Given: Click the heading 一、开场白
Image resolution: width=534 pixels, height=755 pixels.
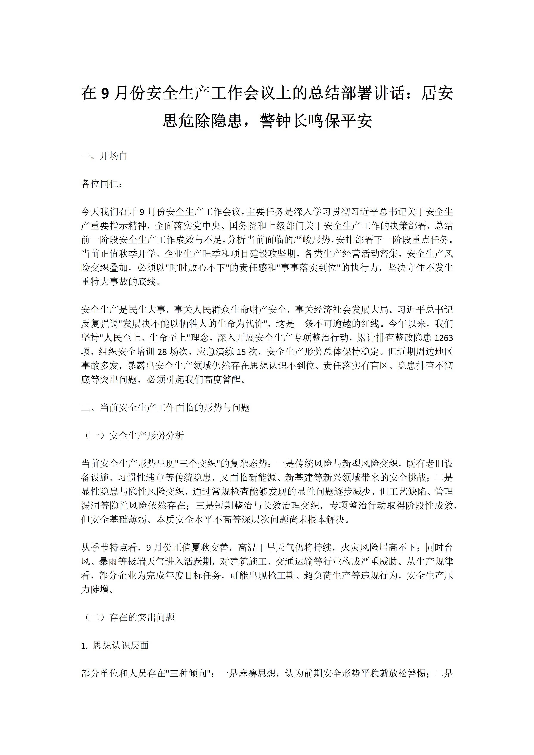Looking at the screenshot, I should [x=104, y=156].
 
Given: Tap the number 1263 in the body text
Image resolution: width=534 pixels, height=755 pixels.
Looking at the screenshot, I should [x=444, y=338].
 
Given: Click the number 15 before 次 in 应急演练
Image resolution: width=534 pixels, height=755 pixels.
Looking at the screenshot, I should [x=241, y=352].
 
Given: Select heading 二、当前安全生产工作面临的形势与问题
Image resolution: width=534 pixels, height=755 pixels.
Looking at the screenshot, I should [x=166, y=408].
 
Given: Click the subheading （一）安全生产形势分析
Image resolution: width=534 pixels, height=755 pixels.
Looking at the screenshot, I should [x=133, y=436].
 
